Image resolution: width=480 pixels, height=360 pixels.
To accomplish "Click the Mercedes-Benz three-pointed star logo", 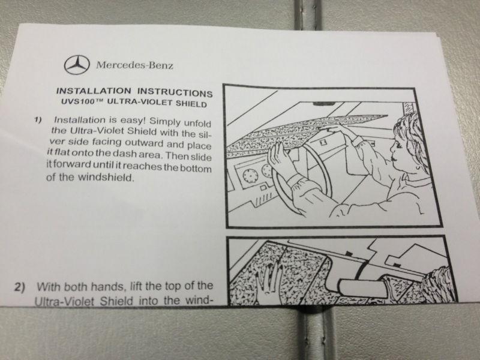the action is click(x=77, y=65).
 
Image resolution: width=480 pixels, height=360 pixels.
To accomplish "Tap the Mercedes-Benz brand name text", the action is click(x=134, y=65).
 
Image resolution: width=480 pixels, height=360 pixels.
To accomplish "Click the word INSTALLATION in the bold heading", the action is click(x=94, y=91).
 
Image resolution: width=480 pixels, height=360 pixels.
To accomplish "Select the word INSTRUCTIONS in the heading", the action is click(x=175, y=93).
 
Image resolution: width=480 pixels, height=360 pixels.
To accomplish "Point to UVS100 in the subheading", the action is click(x=74, y=101).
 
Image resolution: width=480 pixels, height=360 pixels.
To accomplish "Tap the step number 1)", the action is click(x=38, y=119).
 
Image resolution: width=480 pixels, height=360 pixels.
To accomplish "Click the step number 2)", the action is click(x=20, y=287).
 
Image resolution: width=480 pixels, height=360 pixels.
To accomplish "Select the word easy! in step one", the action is click(x=132, y=121).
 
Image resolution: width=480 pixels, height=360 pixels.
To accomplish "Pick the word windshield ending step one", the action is click(x=106, y=177).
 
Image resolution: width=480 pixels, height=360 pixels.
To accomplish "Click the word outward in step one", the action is click(x=145, y=143).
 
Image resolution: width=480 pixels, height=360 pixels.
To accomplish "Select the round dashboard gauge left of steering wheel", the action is click(x=250, y=175).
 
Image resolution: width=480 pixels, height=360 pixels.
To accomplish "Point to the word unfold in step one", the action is click(x=197, y=123).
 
